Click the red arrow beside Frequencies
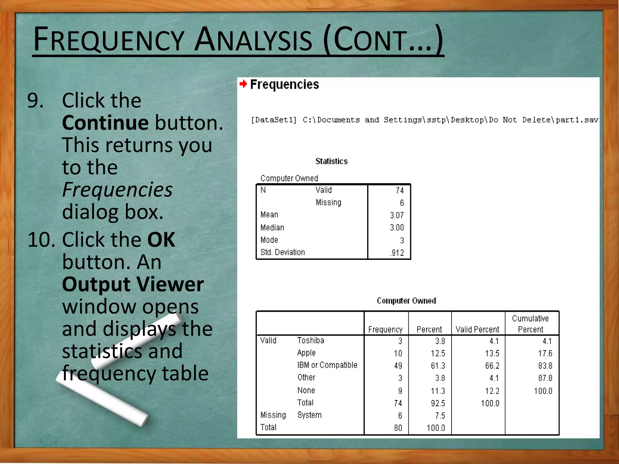[x=243, y=84]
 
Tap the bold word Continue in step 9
[x=105, y=123]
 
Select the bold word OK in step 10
[x=161, y=240]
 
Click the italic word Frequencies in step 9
[x=117, y=190]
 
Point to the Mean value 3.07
[x=397, y=215]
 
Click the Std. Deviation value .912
[x=397, y=253]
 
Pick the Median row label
[x=272, y=228]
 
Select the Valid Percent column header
[x=477, y=330]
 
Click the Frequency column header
[x=385, y=330]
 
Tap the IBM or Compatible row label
[x=327, y=365]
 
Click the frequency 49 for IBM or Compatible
[x=398, y=366]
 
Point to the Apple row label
[x=306, y=353]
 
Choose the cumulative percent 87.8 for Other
[x=545, y=378]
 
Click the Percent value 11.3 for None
[x=438, y=391]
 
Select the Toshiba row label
[x=310, y=340]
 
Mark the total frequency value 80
[x=398, y=428]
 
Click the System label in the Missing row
[x=309, y=415]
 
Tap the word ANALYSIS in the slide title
[x=253, y=40]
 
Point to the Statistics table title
[x=331, y=161]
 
